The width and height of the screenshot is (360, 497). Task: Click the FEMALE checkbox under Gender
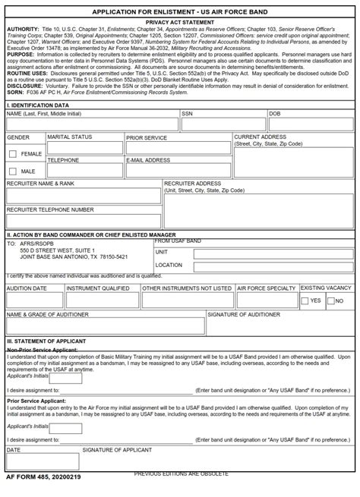[12, 154]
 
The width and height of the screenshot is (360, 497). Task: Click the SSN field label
[187, 113]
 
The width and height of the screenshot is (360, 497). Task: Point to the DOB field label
[276, 113]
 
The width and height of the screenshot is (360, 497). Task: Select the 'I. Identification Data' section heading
[37, 105]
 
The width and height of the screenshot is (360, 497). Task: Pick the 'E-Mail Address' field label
[148, 161]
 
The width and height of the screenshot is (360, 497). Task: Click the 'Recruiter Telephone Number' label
[50, 209]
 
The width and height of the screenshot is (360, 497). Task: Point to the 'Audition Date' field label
[27, 288]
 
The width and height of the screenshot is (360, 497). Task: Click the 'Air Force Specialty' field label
[266, 288]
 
